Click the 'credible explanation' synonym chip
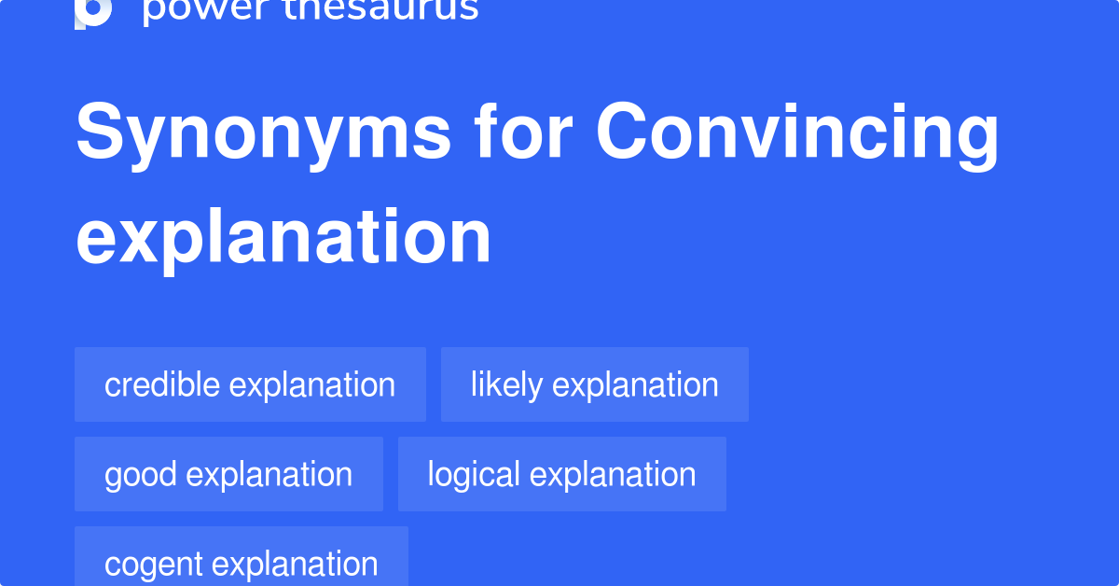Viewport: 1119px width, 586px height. (x=250, y=384)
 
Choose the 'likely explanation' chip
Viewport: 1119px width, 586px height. (x=594, y=384)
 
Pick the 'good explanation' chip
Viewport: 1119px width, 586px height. (x=228, y=474)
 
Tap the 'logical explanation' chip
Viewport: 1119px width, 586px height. (x=561, y=474)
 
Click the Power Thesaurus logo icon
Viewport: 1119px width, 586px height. (x=93, y=11)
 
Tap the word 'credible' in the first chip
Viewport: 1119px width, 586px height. (x=162, y=384)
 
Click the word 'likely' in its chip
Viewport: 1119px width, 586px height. (x=506, y=384)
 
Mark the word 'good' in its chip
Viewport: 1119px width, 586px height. (x=141, y=474)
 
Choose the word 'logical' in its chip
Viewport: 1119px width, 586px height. (x=474, y=474)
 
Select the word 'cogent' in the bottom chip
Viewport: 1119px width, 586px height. (x=153, y=564)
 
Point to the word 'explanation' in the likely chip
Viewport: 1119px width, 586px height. (x=636, y=384)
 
